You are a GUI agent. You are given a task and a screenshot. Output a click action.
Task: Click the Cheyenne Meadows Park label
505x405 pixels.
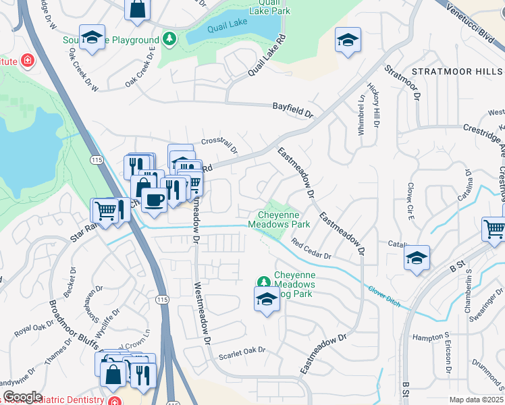tap(279, 219)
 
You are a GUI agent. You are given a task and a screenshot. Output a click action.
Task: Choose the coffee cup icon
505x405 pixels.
tap(155, 202)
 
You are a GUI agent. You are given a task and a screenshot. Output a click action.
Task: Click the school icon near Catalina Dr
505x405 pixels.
tap(417, 259)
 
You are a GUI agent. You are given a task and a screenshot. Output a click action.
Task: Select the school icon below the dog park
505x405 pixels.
tap(267, 300)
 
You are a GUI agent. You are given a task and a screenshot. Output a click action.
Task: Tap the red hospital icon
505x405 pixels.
tap(28, 61)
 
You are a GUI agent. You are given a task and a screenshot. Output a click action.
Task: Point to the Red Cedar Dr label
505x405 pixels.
tap(311, 251)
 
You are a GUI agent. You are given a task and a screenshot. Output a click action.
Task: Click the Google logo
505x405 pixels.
tap(22, 397)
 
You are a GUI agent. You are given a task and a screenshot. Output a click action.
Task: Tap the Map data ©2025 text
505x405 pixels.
tap(476, 400)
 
